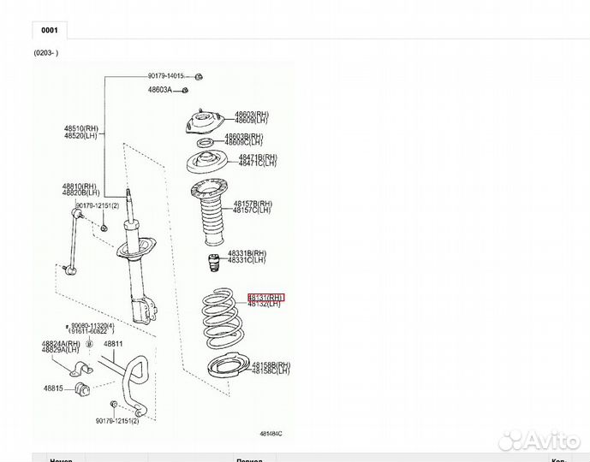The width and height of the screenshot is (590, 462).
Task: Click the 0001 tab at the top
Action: coord(50,29)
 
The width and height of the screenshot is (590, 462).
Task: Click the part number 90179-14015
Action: coord(165,77)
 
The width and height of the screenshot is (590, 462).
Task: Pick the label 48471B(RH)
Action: coord(258,157)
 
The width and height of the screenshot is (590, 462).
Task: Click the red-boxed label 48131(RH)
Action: coord(266,297)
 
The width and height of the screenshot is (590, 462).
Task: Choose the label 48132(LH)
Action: coord(264,305)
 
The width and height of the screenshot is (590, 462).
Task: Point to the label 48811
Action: coord(114,345)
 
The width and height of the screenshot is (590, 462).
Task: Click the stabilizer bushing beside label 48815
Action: coord(84,389)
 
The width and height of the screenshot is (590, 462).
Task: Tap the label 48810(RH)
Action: coord(80,186)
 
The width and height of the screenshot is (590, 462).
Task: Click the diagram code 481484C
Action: coord(270,434)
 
